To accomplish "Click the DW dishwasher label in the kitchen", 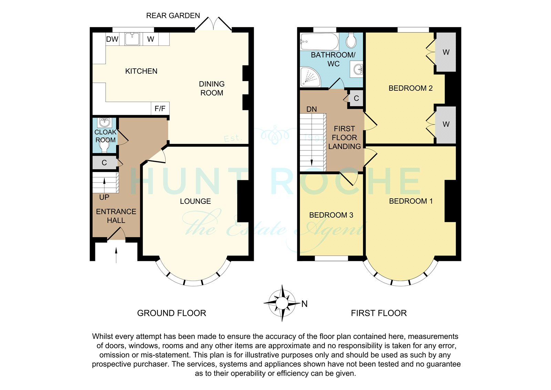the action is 112,39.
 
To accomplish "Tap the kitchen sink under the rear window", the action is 132,39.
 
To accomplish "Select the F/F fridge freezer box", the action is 160,108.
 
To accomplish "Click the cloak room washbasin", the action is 105,122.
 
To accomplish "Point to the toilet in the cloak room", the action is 105,147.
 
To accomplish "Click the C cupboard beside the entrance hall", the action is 105,163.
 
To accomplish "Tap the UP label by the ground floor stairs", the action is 104,197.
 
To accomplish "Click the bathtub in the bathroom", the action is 319,41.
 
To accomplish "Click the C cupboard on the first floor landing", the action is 356,98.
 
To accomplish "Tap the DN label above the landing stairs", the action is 312,109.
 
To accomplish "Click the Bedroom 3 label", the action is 331,215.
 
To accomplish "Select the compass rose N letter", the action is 304,304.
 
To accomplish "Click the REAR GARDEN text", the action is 173,16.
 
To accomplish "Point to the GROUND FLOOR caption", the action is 171,313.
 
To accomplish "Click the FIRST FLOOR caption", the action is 379,313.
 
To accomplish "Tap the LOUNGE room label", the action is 195,201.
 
